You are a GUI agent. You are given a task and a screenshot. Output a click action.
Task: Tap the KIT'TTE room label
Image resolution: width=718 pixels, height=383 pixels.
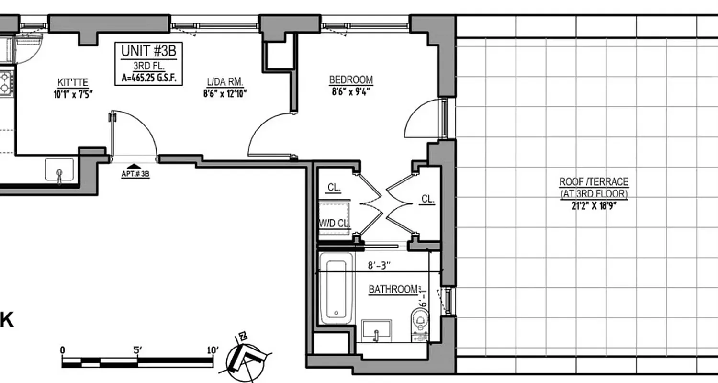point(73,82)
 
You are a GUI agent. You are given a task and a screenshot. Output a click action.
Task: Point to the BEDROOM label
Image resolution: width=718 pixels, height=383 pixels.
point(351,80)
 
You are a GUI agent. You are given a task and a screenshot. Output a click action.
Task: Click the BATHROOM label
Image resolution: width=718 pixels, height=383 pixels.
point(393,289)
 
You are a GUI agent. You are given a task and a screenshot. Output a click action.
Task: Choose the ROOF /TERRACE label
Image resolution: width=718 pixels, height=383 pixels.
point(594,182)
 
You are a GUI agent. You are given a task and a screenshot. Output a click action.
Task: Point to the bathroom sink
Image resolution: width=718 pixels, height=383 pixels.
point(376,330)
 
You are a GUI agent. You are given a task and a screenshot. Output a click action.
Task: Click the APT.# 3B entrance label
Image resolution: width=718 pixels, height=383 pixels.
point(135,174)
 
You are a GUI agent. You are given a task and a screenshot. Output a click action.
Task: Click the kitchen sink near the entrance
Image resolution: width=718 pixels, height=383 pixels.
point(59,170)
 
